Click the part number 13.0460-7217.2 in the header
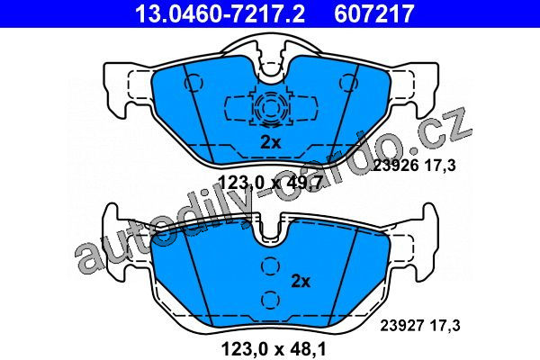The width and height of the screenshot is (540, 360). (x=220, y=13)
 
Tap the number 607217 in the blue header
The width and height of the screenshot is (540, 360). (x=374, y=13)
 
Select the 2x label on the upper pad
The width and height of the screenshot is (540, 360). (x=271, y=142)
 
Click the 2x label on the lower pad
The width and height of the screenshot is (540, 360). (x=301, y=282)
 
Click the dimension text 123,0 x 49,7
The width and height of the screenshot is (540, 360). (x=271, y=182)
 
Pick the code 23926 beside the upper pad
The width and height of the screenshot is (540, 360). (x=396, y=166)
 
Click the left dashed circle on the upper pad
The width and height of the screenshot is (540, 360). (x=193, y=83)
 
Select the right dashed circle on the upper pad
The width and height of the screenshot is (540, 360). (x=348, y=83)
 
